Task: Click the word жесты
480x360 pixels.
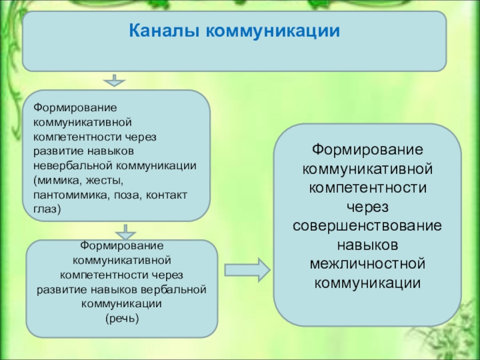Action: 106,179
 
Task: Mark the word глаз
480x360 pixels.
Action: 46,209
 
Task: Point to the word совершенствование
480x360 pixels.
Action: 368,226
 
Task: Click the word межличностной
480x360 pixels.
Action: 368,264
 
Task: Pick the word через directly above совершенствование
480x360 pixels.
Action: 368,207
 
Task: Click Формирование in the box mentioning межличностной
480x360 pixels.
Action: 368,149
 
